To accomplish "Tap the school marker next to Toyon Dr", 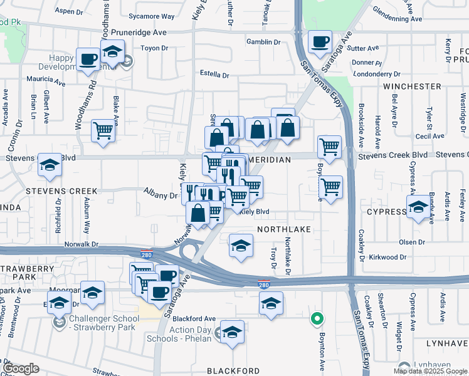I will pyautogui.click(x=113, y=53).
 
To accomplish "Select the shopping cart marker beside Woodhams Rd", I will pyautogui.click(x=103, y=131).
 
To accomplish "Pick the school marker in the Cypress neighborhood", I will pyautogui.click(x=418, y=207).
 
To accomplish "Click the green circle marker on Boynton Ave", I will pyautogui.click(x=318, y=319).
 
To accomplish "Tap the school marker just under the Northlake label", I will pyautogui.click(x=241, y=246).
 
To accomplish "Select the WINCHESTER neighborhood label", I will pyautogui.click(x=412, y=86).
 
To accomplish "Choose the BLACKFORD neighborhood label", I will pyautogui.click(x=233, y=371).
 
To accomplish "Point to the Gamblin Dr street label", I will pyautogui.click(x=264, y=42).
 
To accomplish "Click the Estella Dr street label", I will pyautogui.click(x=214, y=75).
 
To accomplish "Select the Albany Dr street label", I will pyautogui.click(x=161, y=196).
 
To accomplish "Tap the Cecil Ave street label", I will pyautogui.click(x=429, y=136).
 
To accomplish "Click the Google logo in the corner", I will pyautogui.click(x=21, y=368).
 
